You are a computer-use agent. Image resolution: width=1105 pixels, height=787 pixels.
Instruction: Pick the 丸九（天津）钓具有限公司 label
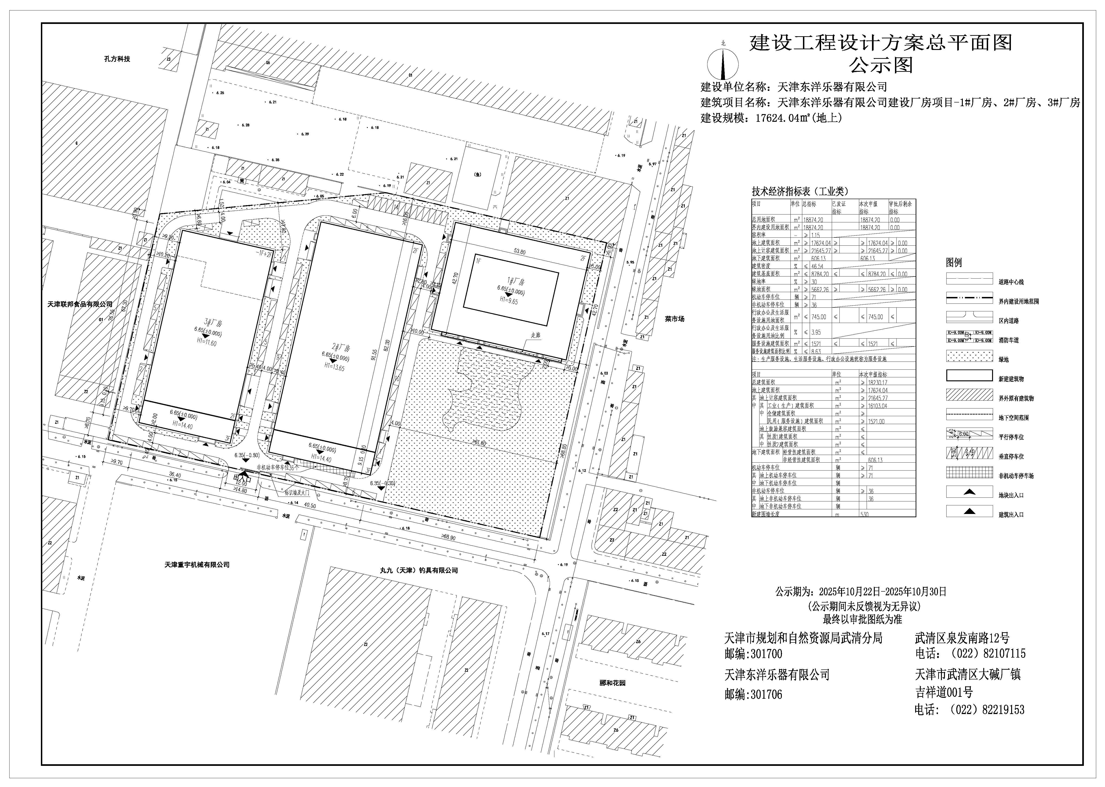(419, 570)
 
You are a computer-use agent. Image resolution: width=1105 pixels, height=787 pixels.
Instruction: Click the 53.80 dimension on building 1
(520, 251)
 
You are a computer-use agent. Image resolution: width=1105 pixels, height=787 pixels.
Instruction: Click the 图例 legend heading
(954, 263)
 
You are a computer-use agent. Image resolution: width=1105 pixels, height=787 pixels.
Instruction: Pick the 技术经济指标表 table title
(800, 191)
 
